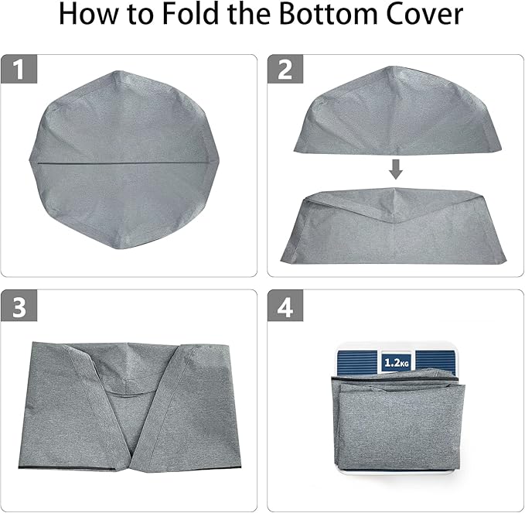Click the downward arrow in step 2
pos(395,168)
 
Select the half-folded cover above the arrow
pos(395,112)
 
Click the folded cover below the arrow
pos(395,228)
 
